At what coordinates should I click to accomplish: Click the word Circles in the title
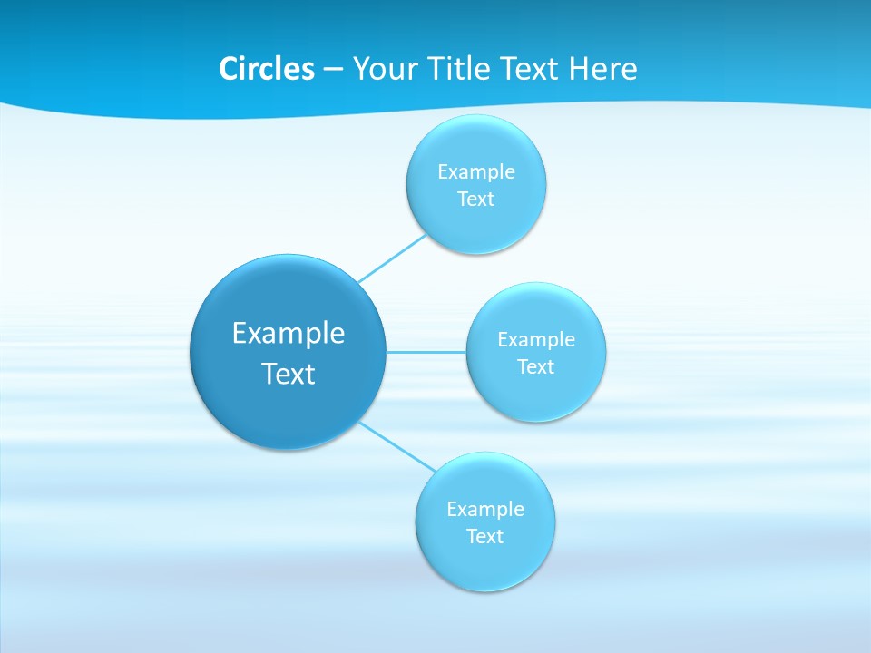[266, 69]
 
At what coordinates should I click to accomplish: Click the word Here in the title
[602, 69]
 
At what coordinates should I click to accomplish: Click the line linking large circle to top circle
[392, 258]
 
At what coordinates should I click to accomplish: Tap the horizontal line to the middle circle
[426, 351]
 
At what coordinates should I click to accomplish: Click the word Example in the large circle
[289, 333]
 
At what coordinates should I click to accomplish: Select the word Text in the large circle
[289, 374]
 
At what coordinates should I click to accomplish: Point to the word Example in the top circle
[476, 171]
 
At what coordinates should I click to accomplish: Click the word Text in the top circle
[475, 199]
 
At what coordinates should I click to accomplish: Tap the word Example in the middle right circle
[536, 339]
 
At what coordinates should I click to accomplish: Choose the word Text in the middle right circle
[535, 366]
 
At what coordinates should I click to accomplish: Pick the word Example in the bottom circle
[485, 509]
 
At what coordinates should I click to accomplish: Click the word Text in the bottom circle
[484, 536]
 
